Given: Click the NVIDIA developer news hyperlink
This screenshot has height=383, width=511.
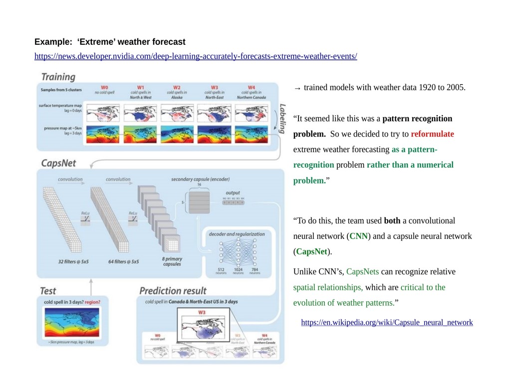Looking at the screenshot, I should point(196,56).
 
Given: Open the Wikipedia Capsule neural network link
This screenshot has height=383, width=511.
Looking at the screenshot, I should point(387,323).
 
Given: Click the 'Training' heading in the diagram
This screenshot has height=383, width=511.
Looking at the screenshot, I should point(58,77).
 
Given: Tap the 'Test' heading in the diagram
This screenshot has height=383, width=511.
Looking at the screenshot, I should point(48,291).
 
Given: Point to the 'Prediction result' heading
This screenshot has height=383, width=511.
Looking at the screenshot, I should point(173,291).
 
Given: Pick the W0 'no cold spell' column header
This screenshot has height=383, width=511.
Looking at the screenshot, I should point(104,90).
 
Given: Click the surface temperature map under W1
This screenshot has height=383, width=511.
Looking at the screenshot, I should point(140,114).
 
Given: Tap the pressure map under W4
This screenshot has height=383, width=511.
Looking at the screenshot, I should point(251,135).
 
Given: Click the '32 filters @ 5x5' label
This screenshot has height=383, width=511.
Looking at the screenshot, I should point(73,261).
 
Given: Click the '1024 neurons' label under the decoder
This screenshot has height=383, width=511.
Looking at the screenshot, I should point(238,271).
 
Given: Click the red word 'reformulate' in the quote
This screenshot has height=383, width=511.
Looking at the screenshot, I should point(432,134).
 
